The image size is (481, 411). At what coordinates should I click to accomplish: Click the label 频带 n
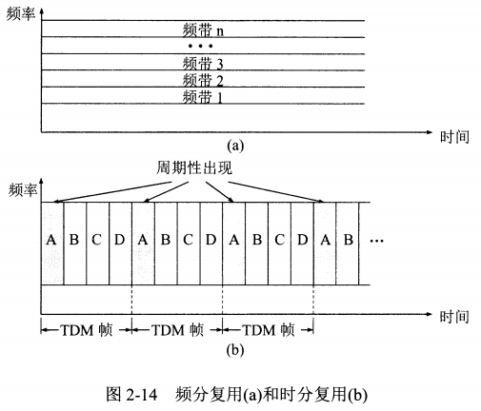pos(203,30)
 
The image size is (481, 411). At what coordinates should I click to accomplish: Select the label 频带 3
pos(203,64)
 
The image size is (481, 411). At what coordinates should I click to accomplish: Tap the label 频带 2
pos(203,80)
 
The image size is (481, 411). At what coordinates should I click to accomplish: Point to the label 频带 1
pos(203,97)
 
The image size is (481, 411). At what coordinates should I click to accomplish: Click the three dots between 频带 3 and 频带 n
pos(200,46)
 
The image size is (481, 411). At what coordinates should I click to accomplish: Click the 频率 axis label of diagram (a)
pos(21,14)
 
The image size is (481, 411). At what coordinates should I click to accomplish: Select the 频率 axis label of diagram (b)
pos(23,189)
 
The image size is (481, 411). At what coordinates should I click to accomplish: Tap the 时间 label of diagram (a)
pos(454,137)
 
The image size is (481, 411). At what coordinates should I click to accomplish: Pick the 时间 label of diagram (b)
pos(454,317)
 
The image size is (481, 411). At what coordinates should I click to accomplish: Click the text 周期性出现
pos(194,168)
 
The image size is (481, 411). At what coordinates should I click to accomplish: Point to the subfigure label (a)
pos(235,146)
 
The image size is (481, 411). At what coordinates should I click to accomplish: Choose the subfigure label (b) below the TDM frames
pos(235,350)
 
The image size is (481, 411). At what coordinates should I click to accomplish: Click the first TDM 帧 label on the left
pos(87,330)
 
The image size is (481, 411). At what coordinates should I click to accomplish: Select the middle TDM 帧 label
pos(177,330)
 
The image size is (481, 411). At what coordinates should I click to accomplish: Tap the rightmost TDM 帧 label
pos(269,330)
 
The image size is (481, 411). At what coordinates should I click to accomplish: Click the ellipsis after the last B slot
pos(377,241)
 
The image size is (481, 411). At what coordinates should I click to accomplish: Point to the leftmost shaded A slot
pos(52,244)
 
